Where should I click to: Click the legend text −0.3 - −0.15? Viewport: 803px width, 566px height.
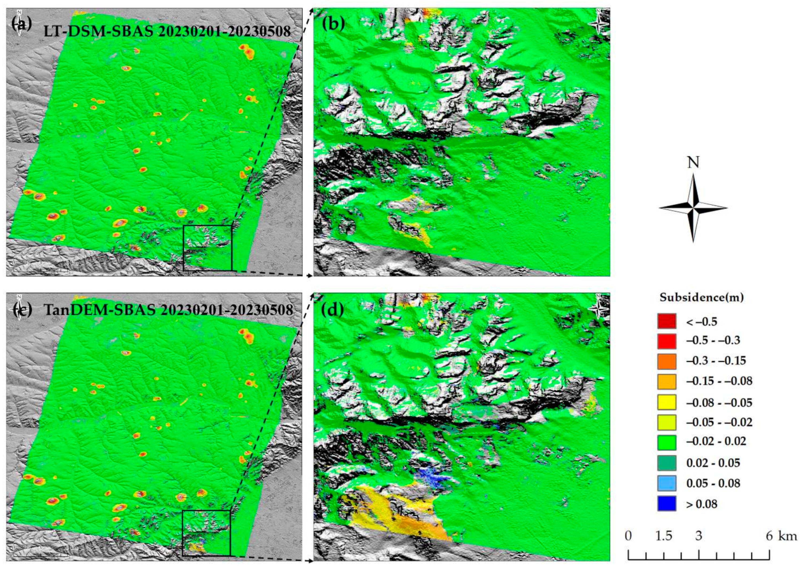(x=716, y=361)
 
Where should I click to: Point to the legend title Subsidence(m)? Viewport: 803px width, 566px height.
(x=701, y=298)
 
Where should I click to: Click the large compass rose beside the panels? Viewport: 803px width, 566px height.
(x=693, y=208)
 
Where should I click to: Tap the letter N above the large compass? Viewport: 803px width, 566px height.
(x=693, y=163)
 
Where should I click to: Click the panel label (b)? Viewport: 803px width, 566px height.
(x=333, y=24)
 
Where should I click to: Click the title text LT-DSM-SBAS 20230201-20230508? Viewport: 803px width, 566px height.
(x=167, y=32)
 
